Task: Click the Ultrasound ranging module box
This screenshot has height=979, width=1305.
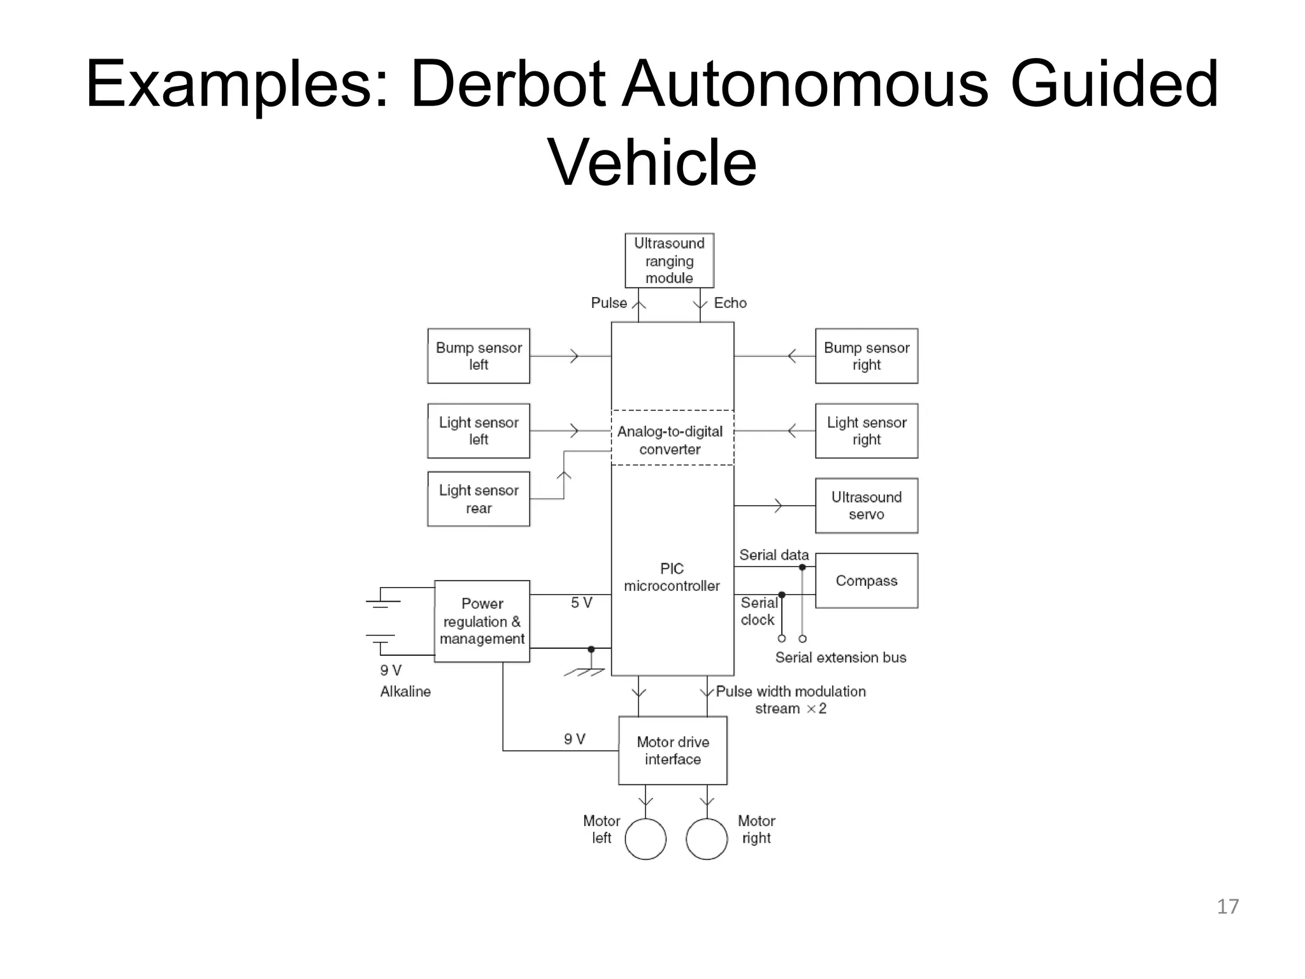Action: [669, 261]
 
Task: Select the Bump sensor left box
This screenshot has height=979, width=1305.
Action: [479, 356]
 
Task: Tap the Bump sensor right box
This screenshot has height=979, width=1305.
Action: [867, 356]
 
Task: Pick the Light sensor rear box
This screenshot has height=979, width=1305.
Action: [479, 499]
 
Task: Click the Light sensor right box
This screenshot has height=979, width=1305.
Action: [867, 431]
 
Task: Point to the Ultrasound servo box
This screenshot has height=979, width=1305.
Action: [867, 505]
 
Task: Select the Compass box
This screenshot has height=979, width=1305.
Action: [867, 581]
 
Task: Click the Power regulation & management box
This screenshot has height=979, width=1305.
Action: [482, 621]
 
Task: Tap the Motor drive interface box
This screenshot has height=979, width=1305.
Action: [673, 751]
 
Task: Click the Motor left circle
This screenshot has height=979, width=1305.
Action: [645, 839]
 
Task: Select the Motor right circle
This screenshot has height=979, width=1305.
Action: [707, 839]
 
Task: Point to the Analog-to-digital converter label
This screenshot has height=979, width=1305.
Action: [670, 440]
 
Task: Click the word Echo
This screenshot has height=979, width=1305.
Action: [730, 303]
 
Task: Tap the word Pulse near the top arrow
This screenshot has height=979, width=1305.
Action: [609, 303]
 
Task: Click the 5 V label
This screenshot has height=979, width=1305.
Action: [581, 602]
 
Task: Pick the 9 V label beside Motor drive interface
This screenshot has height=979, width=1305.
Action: [574, 739]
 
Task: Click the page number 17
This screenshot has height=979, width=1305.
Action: [1227, 906]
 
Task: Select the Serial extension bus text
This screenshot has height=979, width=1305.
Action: [840, 657]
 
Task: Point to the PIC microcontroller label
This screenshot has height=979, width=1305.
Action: [672, 577]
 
